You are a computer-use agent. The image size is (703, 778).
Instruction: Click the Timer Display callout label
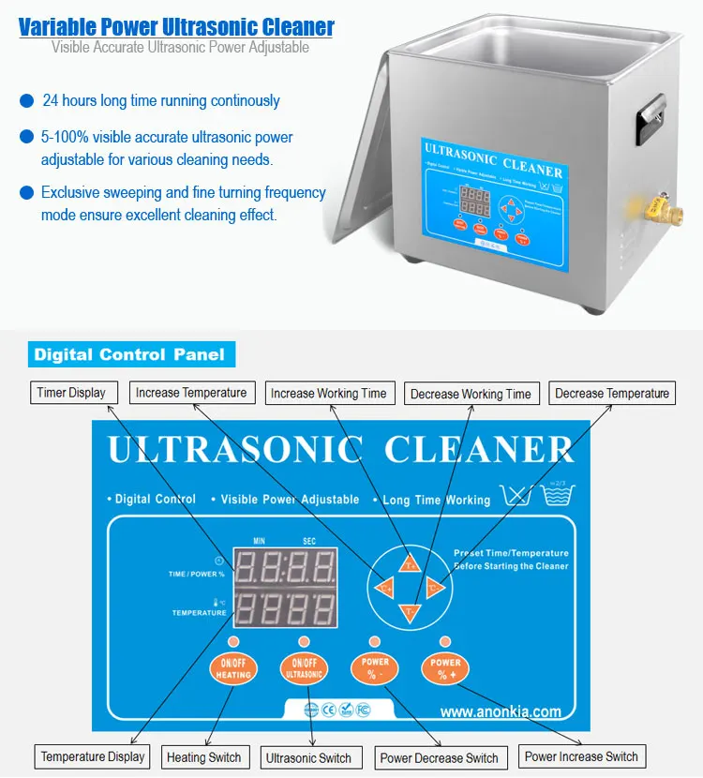point(71,393)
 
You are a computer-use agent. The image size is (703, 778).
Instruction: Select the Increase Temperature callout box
point(191,393)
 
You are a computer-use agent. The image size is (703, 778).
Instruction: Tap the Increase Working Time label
point(328,394)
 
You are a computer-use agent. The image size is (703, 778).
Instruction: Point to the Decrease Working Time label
point(471,394)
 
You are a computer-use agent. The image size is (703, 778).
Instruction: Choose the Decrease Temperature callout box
point(612,394)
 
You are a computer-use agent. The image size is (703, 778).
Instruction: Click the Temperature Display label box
point(93,756)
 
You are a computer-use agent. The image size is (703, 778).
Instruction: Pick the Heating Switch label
point(203,757)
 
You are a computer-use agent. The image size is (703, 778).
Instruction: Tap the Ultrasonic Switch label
point(308,757)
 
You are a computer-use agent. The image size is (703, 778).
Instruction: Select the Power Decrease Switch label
point(439,757)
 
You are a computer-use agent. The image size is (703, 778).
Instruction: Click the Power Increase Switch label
point(581,756)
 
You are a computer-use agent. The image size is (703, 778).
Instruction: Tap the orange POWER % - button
point(375,668)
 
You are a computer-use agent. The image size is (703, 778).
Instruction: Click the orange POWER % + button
point(445,668)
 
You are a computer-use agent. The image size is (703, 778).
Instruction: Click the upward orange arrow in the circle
point(410,562)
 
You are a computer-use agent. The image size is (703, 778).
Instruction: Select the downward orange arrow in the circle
point(410,613)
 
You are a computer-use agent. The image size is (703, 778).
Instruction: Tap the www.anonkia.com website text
point(501,711)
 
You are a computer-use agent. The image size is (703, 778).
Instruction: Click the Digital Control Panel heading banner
point(129,354)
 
